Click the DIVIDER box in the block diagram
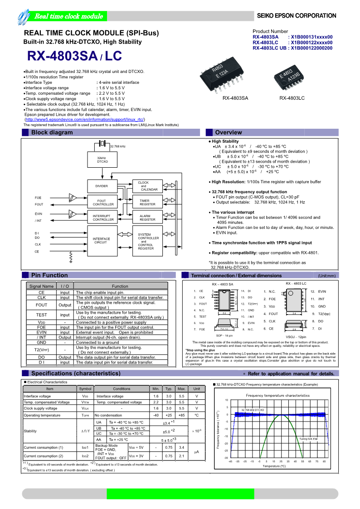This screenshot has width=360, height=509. point(102,186)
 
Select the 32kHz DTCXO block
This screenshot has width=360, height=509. point(102,160)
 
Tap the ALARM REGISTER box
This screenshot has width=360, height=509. point(147,218)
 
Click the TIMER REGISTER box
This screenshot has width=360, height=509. point(147,203)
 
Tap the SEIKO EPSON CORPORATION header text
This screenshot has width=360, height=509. point(297,16)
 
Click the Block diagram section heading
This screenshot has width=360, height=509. point(52,133)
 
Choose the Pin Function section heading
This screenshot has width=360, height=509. point(49,275)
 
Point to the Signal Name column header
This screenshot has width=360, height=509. point(41,286)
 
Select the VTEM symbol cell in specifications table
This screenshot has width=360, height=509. point(85,402)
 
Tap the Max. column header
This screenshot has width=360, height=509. point(181,389)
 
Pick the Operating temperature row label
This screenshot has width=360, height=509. point(42,415)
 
